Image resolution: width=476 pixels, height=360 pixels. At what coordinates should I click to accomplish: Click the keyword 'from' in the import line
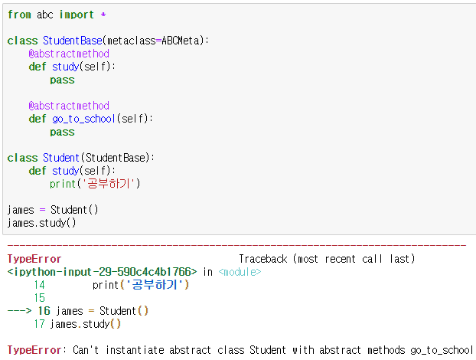click(19, 15)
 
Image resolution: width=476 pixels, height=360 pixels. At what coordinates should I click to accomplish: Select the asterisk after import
click(103, 15)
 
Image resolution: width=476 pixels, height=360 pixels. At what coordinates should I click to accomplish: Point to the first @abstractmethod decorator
click(69, 54)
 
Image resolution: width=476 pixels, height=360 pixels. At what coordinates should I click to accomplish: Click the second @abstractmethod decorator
click(69, 106)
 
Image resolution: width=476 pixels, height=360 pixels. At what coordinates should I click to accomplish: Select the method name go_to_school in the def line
click(84, 119)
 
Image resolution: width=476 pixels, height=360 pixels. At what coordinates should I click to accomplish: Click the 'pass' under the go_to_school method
click(62, 132)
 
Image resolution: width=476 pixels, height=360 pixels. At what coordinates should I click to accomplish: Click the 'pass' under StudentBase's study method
click(62, 80)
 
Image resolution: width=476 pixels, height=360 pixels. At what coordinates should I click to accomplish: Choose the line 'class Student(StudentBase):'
click(82, 158)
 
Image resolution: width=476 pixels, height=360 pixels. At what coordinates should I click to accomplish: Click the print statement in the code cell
click(96, 184)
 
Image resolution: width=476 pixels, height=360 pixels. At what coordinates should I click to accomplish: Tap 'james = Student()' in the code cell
click(54, 210)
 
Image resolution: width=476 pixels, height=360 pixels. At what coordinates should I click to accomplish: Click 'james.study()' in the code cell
click(42, 223)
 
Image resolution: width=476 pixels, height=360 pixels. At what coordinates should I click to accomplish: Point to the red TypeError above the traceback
click(34, 259)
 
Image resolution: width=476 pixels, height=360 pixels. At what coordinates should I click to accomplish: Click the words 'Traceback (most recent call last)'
click(327, 259)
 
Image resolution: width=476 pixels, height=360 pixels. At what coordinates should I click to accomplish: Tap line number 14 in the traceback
click(40, 285)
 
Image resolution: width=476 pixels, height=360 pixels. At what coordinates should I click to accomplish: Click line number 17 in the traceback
click(40, 324)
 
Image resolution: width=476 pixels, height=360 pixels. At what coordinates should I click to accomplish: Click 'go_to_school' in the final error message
click(442, 350)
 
